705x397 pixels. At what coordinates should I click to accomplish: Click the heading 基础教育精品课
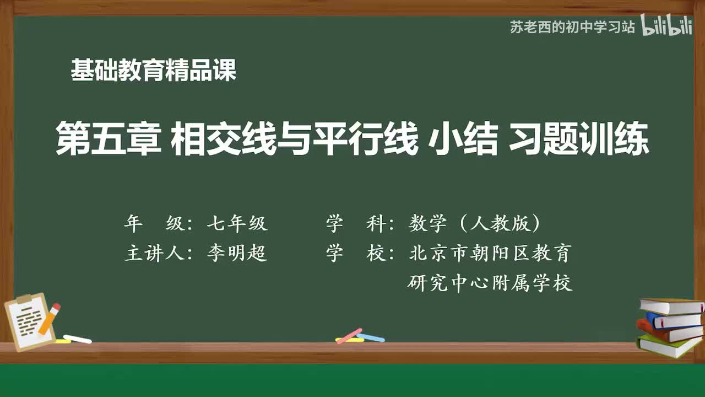tap(153, 71)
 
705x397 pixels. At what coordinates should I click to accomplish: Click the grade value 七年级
tap(237, 223)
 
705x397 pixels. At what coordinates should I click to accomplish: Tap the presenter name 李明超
tap(237, 253)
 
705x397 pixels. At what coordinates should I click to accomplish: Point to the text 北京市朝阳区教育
tap(490, 253)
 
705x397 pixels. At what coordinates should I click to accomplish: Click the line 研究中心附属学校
tap(490, 283)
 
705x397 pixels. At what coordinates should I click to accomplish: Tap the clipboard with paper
tap(28, 323)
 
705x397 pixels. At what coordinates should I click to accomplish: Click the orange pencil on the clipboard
tap(50, 318)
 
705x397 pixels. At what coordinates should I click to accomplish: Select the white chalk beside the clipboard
tap(77, 339)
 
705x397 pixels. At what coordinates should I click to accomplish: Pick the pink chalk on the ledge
tap(349, 335)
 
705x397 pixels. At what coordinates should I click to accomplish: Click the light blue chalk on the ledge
tap(371, 337)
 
